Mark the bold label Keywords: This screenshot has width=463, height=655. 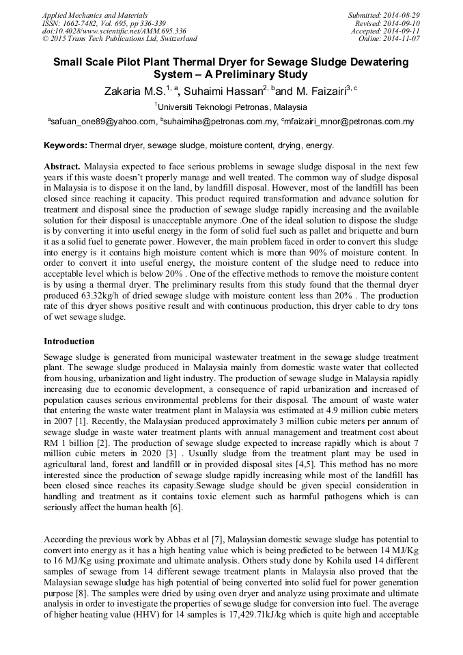click(x=66, y=145)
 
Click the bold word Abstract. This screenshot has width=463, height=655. click(x=62, y=167)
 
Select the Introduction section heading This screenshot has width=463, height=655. click(x=69, y=341)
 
